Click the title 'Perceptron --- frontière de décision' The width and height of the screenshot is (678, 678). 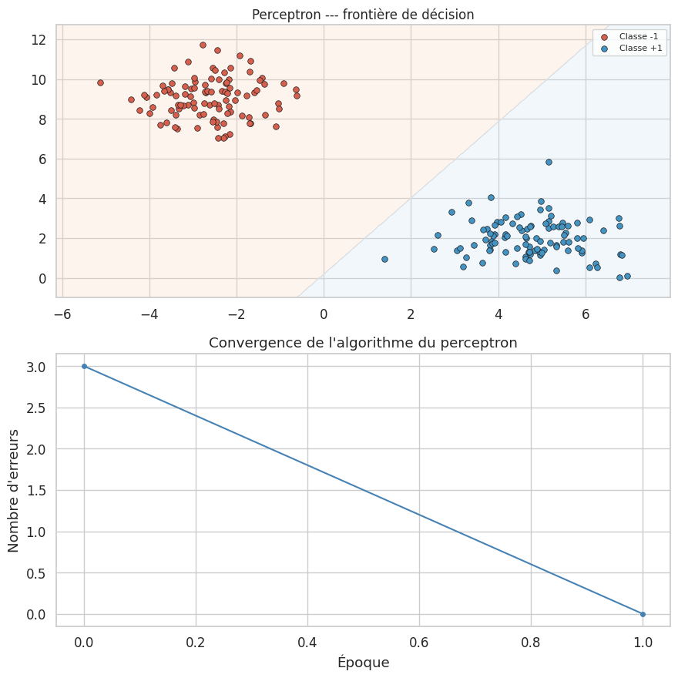(x=363, y=14)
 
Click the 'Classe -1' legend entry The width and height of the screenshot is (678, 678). (x=636, y=36)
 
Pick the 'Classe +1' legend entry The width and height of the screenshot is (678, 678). (x=636, y=48)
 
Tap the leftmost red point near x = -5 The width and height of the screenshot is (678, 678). (x=100, y=82)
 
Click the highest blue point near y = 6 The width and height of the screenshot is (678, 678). (x=549, y=162)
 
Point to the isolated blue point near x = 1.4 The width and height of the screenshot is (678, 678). (x=384, y=259)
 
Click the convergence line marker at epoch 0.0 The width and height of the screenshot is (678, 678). (x=84, y=366)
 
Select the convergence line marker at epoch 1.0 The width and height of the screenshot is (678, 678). (x=643, y=614)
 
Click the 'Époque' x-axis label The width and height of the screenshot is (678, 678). (x=363, y=663)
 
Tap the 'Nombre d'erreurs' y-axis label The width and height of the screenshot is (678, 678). (x=14, y=490)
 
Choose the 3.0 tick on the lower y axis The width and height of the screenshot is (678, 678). (x=35, y=366)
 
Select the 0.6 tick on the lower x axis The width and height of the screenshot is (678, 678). (x=419, y=642)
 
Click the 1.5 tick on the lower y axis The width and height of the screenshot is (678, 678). (x=35, y=490)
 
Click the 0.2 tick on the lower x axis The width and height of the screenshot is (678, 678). (x=196, y=642)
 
